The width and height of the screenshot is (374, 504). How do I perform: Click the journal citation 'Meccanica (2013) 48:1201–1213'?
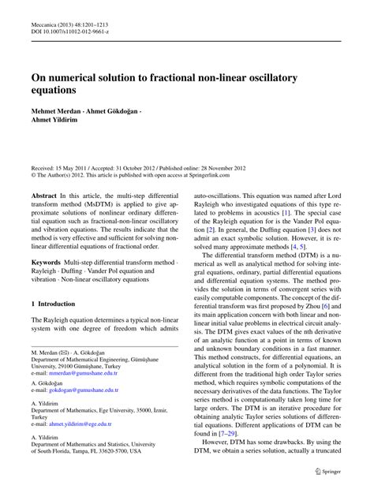point(69,24)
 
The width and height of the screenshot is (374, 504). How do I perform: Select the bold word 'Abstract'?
point(44,193)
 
